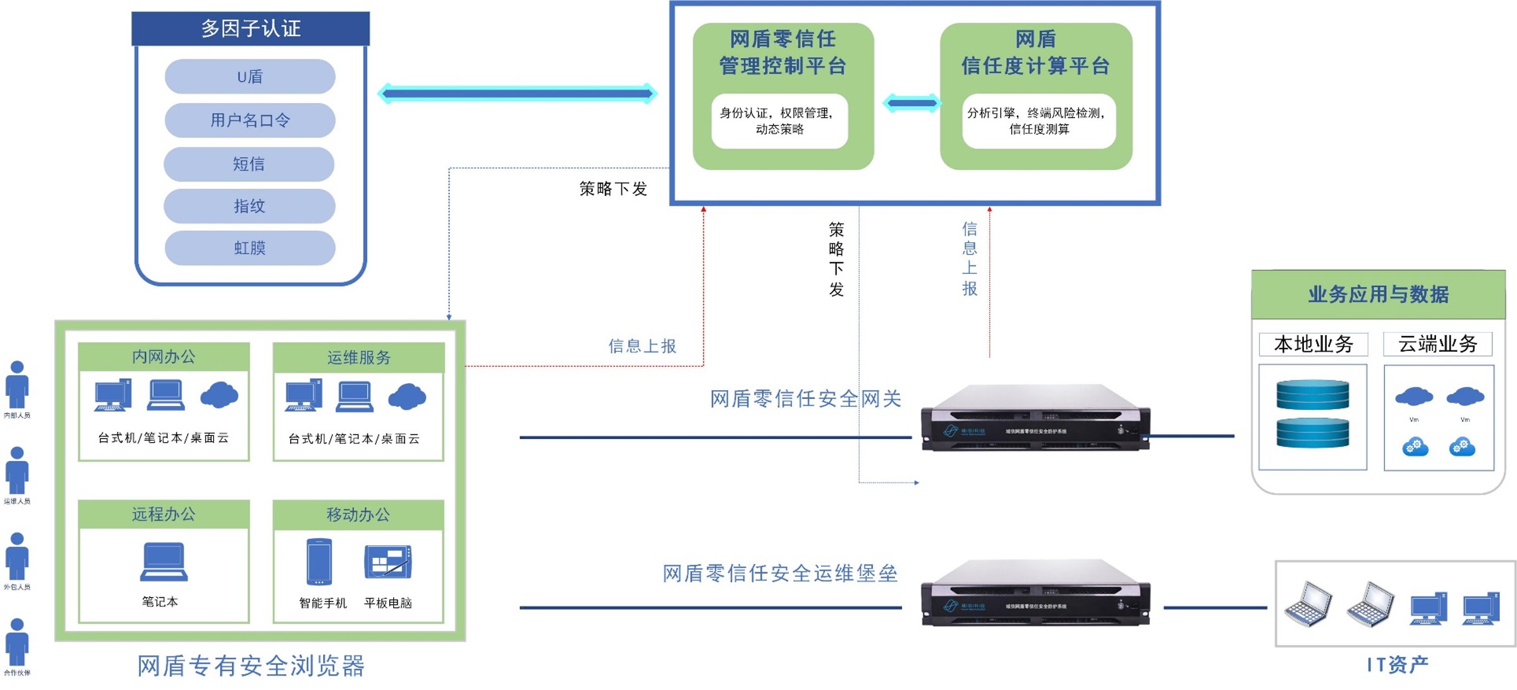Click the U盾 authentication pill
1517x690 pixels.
pos(250,77)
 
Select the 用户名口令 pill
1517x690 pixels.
pos(250,120)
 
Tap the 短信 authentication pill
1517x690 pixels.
pos(248,164)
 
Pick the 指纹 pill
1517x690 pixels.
pos(249,206)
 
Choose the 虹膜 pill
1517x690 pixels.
pos(250,248)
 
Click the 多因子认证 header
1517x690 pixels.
pos(250,28)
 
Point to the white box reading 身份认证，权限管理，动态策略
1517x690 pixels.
pos(779,121)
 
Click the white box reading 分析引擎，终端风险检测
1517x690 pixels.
pos(1039,121)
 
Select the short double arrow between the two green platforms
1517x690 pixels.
pos(911,103)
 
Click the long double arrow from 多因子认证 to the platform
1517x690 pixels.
pos(517,94)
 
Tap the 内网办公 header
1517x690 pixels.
pos(164,357)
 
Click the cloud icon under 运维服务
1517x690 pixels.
pos(407,396)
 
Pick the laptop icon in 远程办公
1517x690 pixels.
pos(164,561)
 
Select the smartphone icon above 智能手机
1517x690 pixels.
pos(319,562)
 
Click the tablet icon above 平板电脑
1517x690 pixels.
pos(388,562)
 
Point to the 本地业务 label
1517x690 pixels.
pos(1313,344)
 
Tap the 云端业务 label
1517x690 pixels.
pos(1437,344)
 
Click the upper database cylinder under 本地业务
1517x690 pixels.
pos(1313,395)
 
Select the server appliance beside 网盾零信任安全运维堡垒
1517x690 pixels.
pos(1035,593)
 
